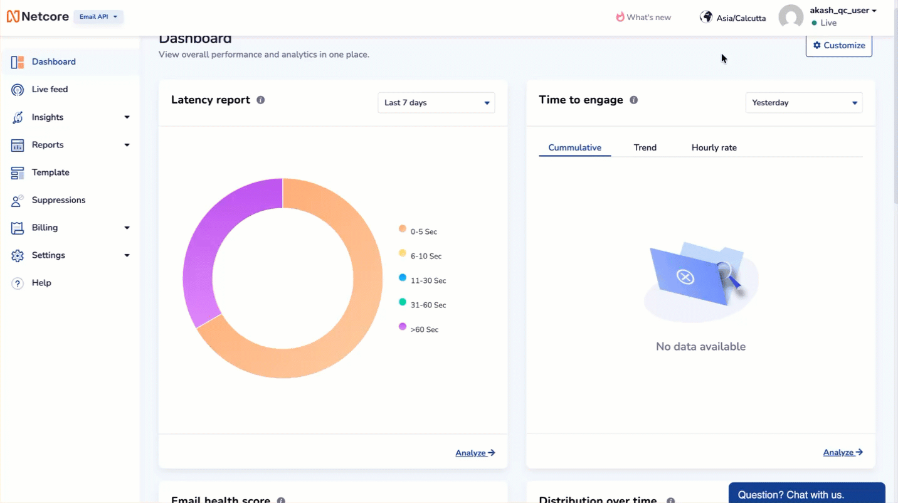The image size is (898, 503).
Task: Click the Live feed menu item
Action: point(50,90)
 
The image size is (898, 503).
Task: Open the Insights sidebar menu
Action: point(48,117)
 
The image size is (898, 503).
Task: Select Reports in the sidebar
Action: point(48,145)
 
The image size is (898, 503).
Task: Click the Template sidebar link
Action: point(50,172)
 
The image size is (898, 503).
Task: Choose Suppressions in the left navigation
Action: point(58,200)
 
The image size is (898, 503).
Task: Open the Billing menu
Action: point(45,228)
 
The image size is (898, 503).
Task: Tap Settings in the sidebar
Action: point(48,255)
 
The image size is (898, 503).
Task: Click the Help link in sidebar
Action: point(41,283)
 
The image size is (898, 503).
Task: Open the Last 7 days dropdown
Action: point(436,103)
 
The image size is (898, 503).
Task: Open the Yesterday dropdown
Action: point(803,103)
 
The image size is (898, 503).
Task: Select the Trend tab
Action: point(645,148)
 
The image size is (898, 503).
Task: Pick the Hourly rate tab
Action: point(714,148)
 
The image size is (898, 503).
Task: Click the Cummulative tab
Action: point(574,148)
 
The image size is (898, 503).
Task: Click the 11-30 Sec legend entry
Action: point(428,281)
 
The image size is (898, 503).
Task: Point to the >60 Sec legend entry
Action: point(424,330)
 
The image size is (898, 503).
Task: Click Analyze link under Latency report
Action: point(475,453)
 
